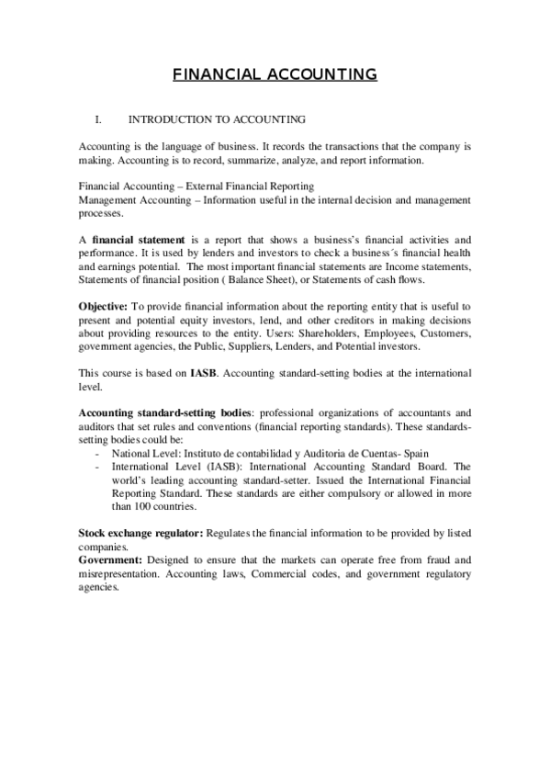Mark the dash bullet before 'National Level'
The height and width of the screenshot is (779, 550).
click(98, 454)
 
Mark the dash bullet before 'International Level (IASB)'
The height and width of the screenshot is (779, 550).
click(98, 467)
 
